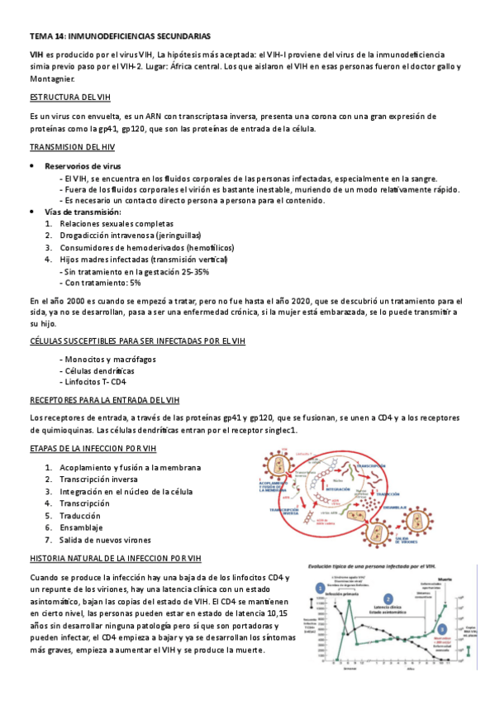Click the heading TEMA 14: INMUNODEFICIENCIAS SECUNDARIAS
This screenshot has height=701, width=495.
(120, 36)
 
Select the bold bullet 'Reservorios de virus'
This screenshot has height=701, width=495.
(83, 165)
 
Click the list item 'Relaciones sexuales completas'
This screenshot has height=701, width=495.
(117, 223)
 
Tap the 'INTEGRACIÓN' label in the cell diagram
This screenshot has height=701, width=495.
(341, 488)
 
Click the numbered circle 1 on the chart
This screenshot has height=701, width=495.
(320, 587)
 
